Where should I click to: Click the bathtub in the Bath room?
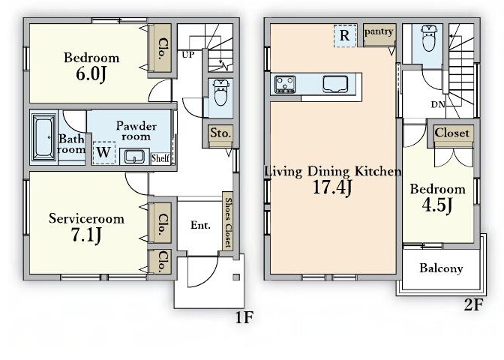point(43,137)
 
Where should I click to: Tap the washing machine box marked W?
point(103,153)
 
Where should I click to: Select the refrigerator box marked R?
point(345,36)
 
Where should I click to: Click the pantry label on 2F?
point(379,31)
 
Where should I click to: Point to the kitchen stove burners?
point(285,84)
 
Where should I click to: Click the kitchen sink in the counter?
point(335,84)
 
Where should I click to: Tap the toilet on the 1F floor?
point(220,92)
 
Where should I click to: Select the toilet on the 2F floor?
point(429,38)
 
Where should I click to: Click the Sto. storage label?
point(220,133)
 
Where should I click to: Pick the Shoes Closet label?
point(228,223)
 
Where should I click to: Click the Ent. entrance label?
point(200,225)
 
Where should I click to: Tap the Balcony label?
point(441,268)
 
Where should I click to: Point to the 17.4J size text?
point(332,187)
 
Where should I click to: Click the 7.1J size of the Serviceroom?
point(86,235)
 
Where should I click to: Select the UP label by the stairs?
point(188,55)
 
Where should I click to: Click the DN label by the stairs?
point(438,104)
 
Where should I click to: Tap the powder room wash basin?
point(134,157)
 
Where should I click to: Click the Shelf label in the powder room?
point(160,157)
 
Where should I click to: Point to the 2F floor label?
point(473,304)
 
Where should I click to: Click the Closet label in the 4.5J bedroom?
point(452,133)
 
